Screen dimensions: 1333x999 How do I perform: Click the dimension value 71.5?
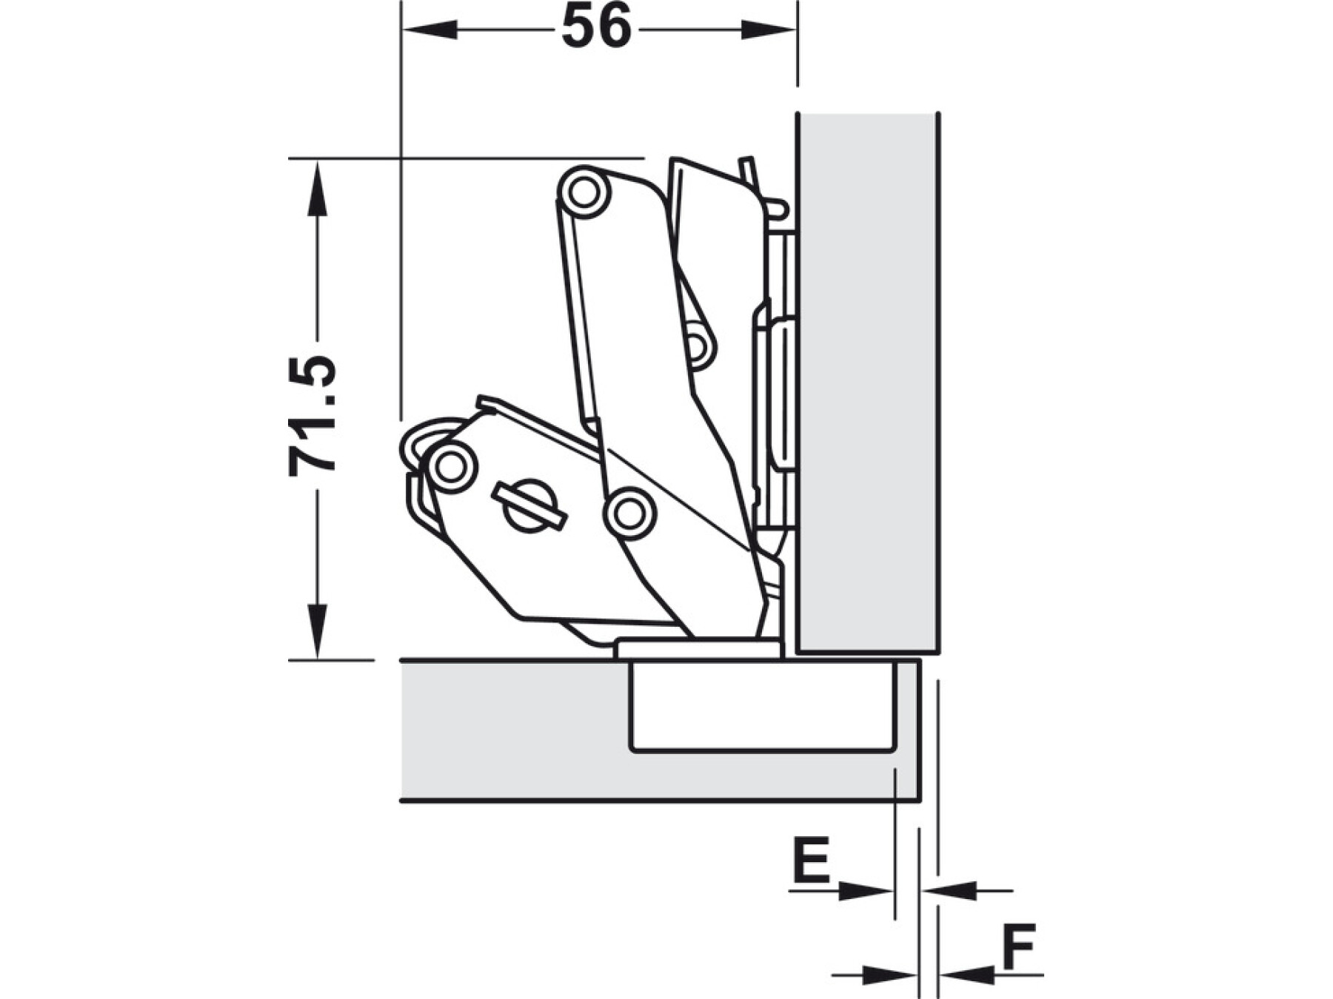point(313,415)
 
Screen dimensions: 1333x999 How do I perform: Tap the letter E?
point(812,860)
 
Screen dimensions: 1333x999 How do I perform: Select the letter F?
point(1019,946)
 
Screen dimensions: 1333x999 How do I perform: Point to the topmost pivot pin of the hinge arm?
point(584,192)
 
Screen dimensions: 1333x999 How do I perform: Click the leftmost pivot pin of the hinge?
point(450,467)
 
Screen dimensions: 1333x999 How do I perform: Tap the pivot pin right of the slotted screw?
point(629,512)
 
